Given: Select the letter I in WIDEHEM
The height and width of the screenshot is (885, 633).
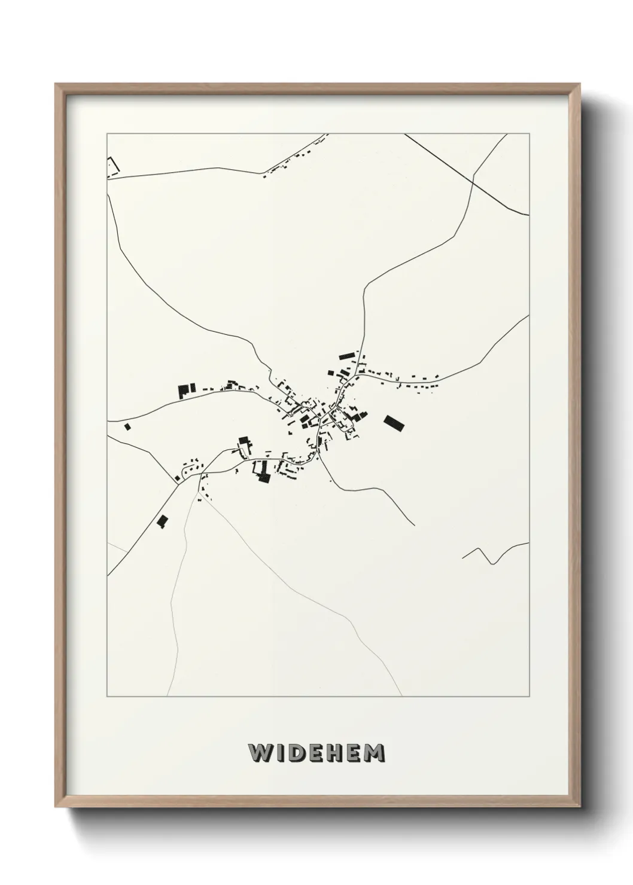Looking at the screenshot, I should (279, 753).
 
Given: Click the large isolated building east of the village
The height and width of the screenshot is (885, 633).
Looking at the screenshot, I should (394, 422).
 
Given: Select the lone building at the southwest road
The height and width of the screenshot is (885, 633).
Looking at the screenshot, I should (161, 521).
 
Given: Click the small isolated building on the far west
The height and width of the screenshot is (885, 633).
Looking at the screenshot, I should (127, 426).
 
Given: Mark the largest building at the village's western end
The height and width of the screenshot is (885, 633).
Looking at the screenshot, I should (183, 391).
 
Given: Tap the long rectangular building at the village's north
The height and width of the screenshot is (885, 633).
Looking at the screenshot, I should (347, 356).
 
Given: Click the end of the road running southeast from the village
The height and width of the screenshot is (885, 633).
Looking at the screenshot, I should (415, 525).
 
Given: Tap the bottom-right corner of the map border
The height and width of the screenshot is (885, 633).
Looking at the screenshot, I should (529, 697).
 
